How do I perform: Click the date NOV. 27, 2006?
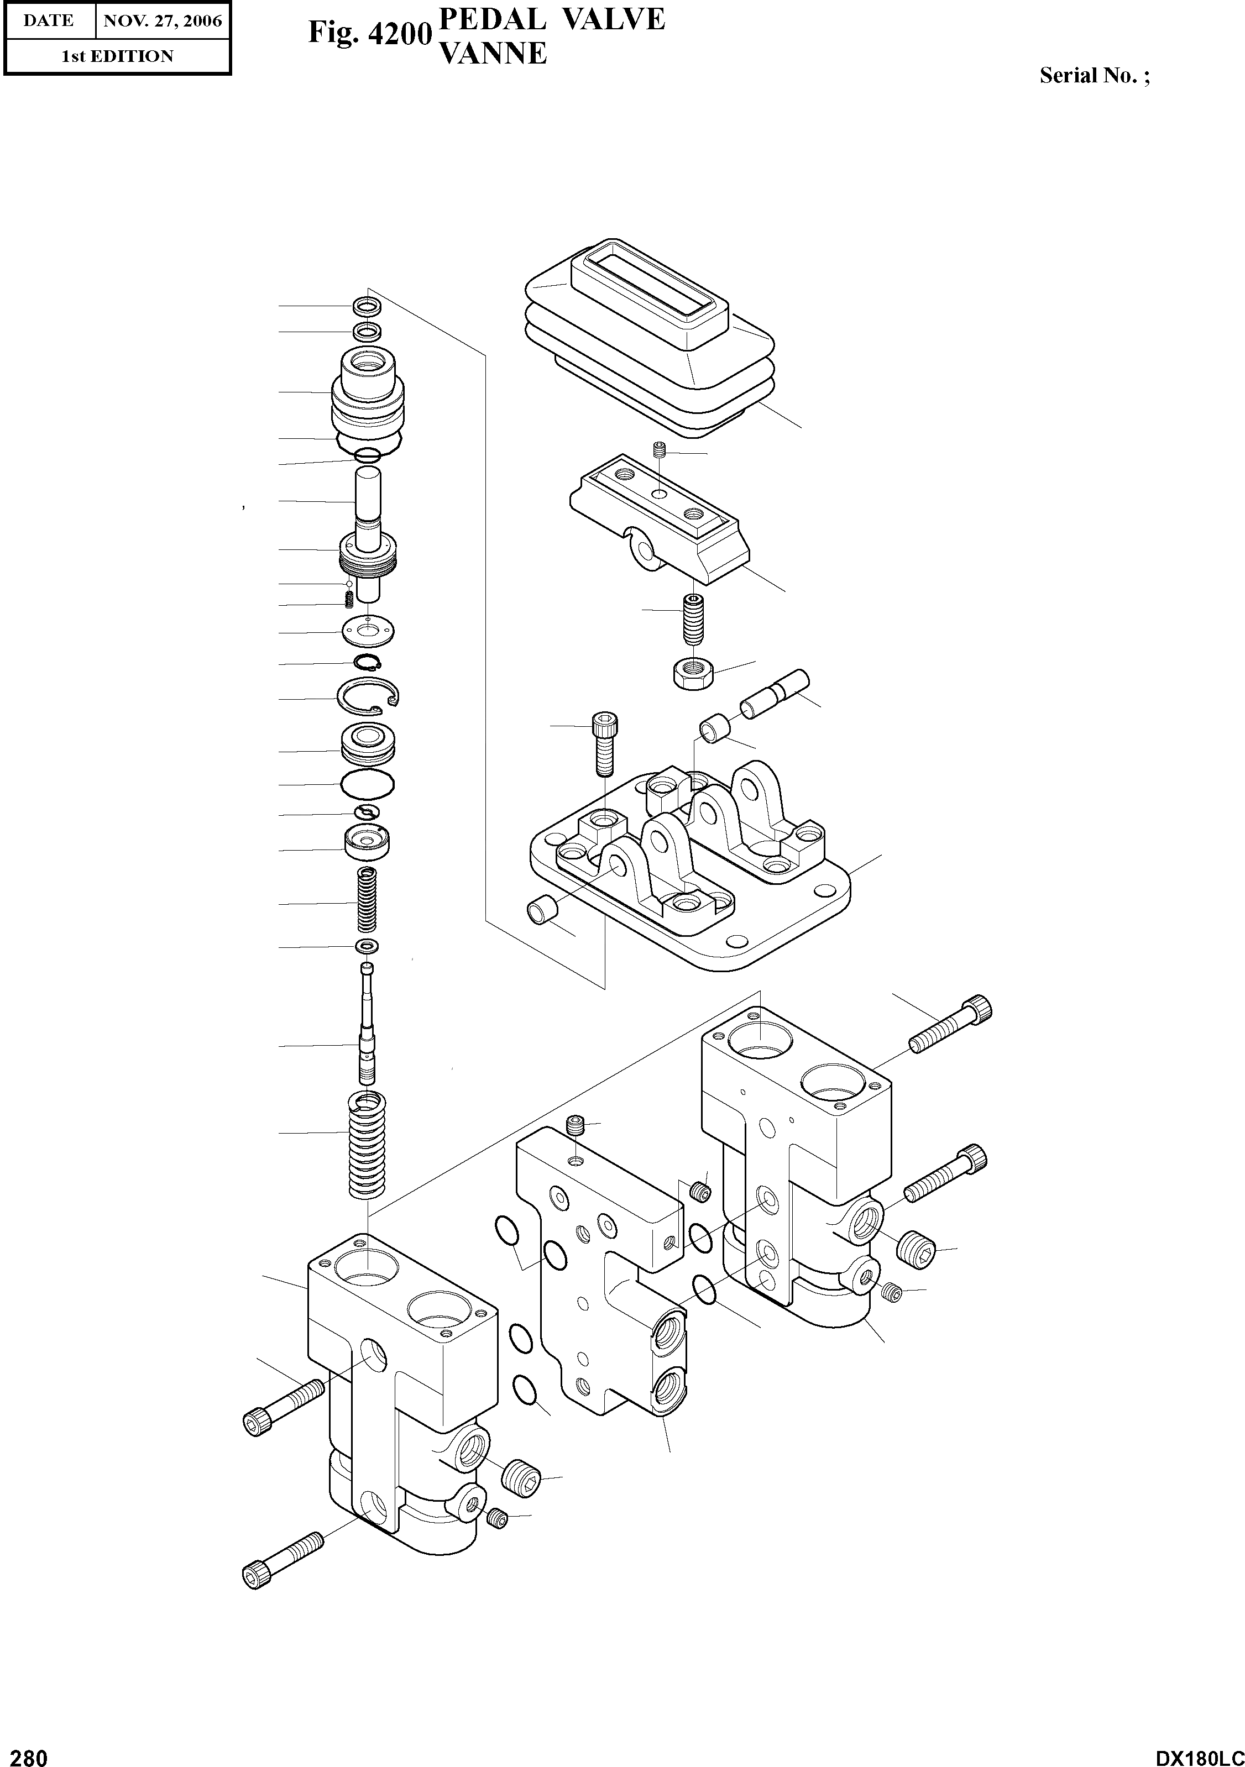163,21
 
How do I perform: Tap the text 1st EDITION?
117,56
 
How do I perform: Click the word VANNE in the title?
492,53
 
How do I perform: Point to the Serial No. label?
1094,75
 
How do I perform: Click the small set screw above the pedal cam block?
658,452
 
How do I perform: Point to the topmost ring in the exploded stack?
367,306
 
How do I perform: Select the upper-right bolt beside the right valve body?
950,1024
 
